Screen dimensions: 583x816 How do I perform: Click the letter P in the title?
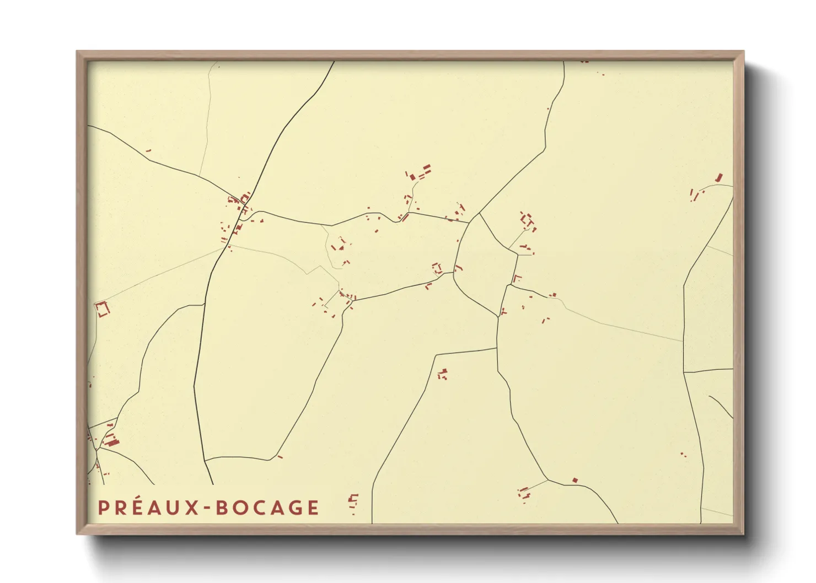click(x=103, y=508)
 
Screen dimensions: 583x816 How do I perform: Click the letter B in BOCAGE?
click(x=222, y=508)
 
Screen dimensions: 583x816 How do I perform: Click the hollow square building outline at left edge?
click(x=103, y=309)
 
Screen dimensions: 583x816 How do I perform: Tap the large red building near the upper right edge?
click(x=718, y=177)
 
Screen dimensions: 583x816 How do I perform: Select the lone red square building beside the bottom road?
click(x=575, y=481)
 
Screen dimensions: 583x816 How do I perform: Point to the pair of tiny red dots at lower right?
click(x=683, y=455)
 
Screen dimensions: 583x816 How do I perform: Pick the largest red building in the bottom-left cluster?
click(x=112, y=441)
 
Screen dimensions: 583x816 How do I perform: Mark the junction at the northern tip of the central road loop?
click(x=479, y=214)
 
